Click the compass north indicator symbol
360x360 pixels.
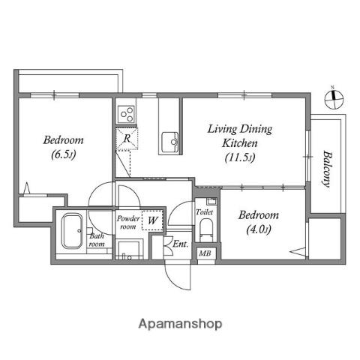334,99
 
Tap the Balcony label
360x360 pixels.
326,169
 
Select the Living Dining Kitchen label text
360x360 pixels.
240,136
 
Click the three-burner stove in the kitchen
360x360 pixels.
127,114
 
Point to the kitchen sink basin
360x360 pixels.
170,142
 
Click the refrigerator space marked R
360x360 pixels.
127,139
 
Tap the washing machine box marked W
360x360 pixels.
152,220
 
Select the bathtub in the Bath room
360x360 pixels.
72,231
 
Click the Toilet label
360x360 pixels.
204,212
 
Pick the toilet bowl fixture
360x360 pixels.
206,230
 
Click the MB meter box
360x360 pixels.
205,253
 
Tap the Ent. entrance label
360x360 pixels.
180,244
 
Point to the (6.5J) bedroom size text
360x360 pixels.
64,154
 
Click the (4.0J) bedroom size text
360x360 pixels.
259,229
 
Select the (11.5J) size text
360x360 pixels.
240,157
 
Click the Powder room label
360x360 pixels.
128,222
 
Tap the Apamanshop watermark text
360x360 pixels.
180,324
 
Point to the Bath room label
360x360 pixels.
97,240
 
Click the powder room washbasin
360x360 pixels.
129,249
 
